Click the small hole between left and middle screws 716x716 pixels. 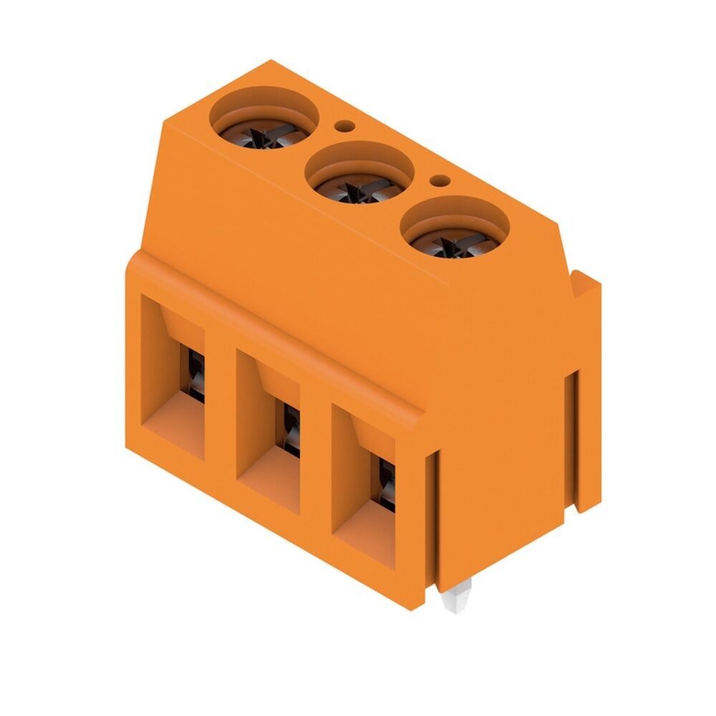tap(346, 127)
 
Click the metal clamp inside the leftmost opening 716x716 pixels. tap(195, 372)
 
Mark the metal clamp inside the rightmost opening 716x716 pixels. tap(387, 483)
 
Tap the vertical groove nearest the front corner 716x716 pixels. tap(432, 516)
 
